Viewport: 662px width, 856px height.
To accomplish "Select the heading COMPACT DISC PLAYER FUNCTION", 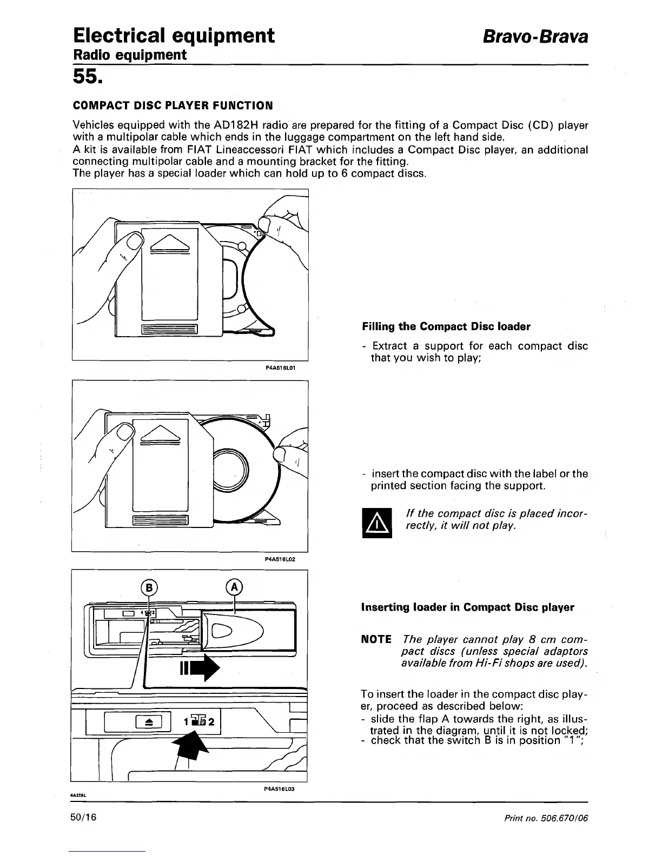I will click(x=173, y=104).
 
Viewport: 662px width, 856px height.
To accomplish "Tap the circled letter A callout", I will click(x=234, y=586).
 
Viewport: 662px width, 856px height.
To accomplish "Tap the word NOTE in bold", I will click(x=376, y=639).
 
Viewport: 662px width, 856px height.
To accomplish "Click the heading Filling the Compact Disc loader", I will click(x=446, y=326).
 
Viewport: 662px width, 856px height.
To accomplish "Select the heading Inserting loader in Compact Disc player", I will click(x=467, y=607).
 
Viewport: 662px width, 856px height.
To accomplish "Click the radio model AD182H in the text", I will click(x=223, y=126).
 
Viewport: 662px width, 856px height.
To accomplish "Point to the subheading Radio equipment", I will click(x=130, y=55).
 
